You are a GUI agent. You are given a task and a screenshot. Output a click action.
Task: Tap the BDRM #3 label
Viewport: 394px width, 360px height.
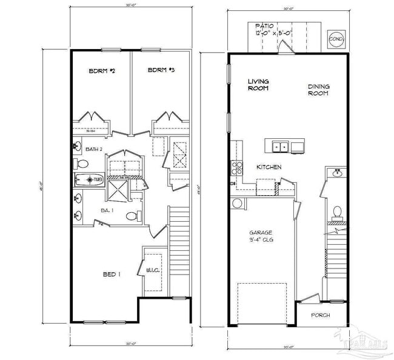(x=161, y=71)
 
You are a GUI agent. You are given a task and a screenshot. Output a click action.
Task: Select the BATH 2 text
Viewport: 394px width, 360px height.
(x=93, y=148)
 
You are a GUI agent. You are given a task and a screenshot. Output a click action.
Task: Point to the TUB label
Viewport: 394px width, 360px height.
(x=98, y=179)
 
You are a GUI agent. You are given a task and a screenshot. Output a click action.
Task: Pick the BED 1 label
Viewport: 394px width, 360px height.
(x=111, y=275)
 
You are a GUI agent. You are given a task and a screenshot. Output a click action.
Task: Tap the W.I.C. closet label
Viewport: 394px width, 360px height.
(x=152, y=270)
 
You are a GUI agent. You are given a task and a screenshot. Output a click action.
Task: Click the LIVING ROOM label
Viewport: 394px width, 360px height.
(x=258, y=85)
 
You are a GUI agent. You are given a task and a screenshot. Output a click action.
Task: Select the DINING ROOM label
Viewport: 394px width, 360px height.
(x=318, y=90)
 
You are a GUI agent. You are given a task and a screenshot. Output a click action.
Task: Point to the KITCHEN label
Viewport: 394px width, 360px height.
(x=269, y=167)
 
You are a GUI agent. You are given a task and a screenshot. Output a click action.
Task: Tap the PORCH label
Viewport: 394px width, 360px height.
(x=321, y=315)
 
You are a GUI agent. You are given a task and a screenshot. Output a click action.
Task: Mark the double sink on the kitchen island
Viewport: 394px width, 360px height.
(x=279, y=146)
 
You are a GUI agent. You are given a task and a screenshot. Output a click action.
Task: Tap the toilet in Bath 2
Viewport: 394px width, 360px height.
(x=82, y=164)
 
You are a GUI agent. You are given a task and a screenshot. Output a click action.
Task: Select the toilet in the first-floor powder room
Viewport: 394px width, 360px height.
(x=337, y=212)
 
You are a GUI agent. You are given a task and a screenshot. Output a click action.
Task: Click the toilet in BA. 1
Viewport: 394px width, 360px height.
(x=131, y=216)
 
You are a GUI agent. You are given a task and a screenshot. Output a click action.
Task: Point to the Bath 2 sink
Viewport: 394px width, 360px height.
(x=78, y=145)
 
